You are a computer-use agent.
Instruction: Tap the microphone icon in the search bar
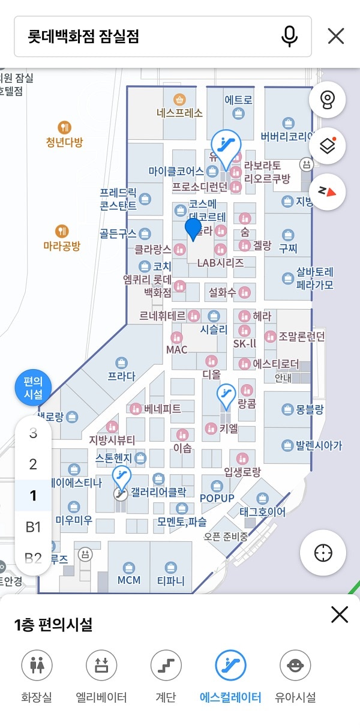point(289,37)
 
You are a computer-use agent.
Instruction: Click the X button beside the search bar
point(336,37)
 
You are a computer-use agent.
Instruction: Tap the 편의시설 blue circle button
point(33,388)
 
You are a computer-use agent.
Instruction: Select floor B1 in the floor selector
point(33,527)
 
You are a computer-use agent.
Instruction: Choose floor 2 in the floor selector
point(33,464)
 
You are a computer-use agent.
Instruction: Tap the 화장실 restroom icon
point(37,664)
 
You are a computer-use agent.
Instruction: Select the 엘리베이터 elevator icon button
point(101,664)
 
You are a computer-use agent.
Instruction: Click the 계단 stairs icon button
point(166,664)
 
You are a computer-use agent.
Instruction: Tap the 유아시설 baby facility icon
point(295,664)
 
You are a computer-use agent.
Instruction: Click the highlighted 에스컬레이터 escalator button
point(230,664)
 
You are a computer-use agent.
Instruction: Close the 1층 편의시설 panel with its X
point(340,615)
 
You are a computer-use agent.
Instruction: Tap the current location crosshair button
point(323,553)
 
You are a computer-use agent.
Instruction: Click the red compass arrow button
point(328,191)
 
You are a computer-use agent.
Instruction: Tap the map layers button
point(328,146)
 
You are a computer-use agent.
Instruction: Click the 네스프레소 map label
point(179,112)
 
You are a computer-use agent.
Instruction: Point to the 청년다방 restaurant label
point(64,142)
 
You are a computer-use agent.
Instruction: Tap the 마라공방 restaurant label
point(62,245)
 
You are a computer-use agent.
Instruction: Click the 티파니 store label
point(171,580)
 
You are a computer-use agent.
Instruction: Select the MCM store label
point(129,580)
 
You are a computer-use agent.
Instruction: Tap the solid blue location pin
point(193,229)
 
